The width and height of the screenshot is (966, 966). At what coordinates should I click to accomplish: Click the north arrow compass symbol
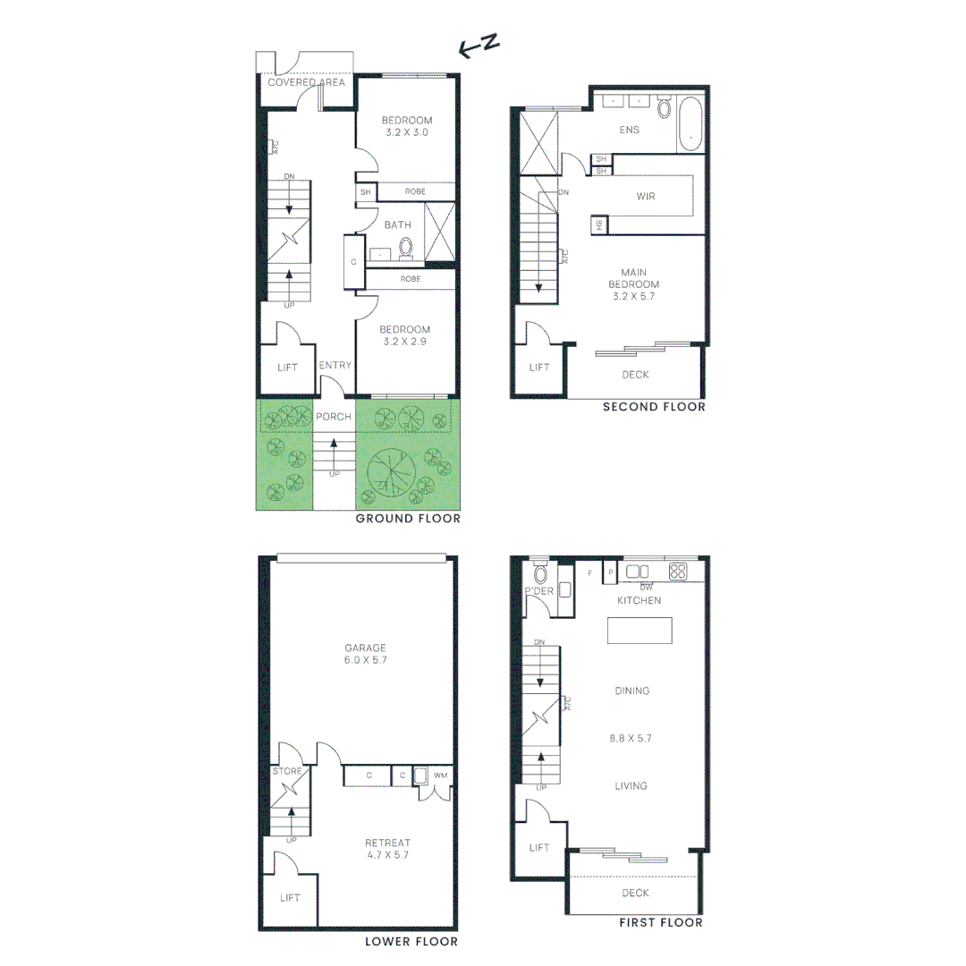point(478,48)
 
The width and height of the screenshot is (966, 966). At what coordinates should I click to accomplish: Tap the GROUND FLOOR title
point(408,519)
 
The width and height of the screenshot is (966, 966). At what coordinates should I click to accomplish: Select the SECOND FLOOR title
point(654,407)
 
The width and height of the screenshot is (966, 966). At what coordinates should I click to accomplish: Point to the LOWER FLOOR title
point(411,942)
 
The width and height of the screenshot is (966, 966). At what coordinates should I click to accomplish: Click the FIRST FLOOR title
point(661,922)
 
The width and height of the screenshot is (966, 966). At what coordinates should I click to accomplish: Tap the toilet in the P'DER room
point(540,574)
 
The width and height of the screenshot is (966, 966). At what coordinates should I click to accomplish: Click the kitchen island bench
point(640,631)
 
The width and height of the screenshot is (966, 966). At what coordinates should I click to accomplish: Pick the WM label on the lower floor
point(440,775)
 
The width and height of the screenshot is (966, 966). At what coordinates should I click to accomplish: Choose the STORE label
point(287,771)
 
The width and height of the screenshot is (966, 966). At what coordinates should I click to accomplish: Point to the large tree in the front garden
point(391,470)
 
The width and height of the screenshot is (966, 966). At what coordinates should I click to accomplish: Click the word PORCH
point(334,417)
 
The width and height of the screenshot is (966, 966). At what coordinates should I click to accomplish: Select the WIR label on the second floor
point(644,196)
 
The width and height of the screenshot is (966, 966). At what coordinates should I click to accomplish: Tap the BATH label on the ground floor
point(398,225)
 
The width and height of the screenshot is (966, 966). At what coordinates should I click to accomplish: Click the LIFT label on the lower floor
point(290,897)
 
